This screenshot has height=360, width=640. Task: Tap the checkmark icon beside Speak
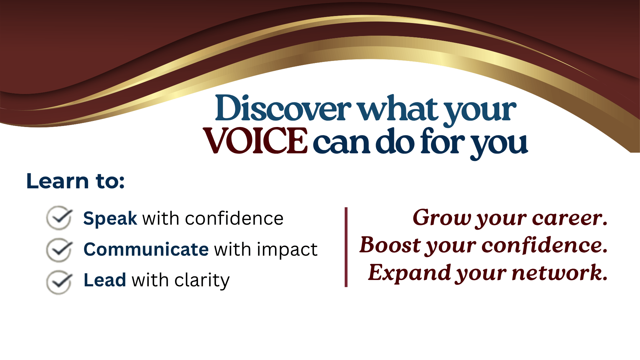(x=59, y=218)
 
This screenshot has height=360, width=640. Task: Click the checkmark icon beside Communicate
(x=59, y=250)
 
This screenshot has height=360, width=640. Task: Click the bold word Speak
(x=110, y=219)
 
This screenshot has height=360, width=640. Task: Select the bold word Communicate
(x=146, y=249)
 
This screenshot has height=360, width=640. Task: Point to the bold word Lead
(x=105, y=280)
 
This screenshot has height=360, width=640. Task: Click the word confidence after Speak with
(x=234, y=219)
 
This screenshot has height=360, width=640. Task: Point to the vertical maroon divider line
(x=346, y=247)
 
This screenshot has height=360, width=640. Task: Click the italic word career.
(x=570, y=218)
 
